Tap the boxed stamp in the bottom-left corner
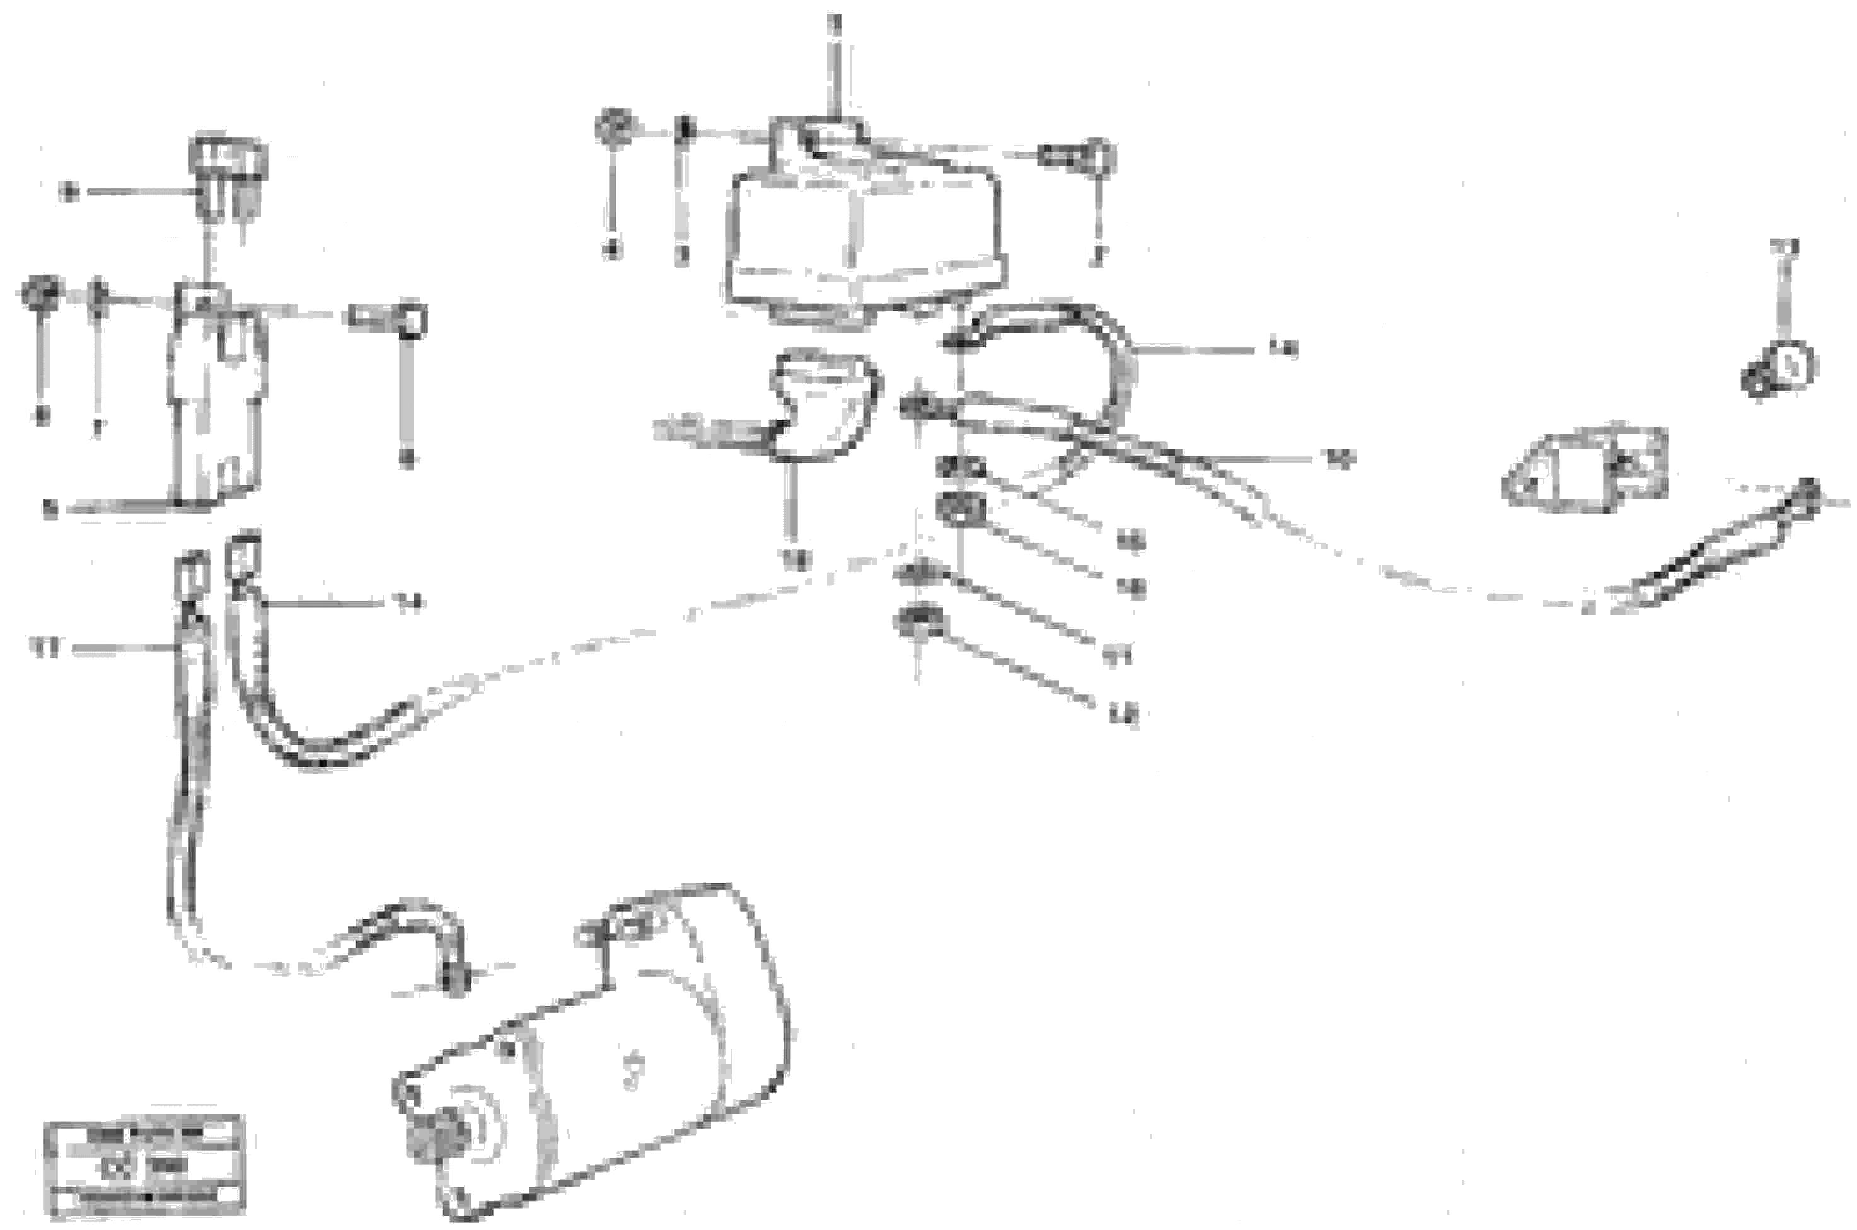click(x=144, y=1165)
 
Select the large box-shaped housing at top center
click(x=863, y=235)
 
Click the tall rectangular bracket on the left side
click(x=216, y=400)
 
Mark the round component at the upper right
click(x=1781, y=369)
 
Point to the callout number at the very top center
click(x=836, y=23)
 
